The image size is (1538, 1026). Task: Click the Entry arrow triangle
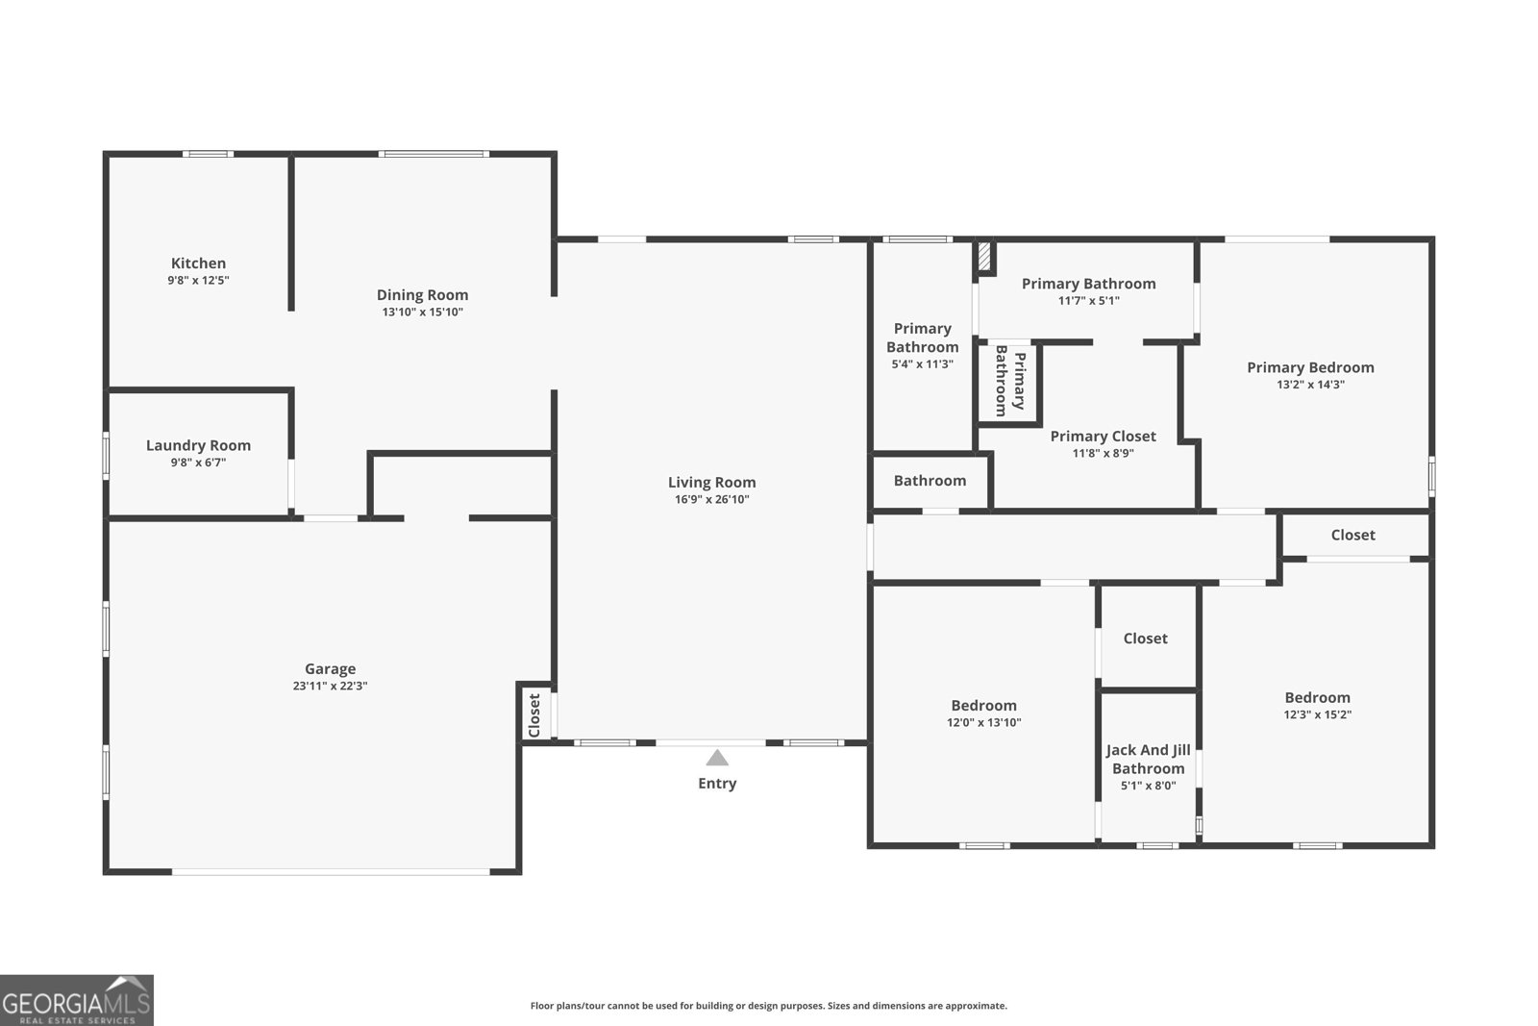(x=717, y=758)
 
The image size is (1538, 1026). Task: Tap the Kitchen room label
(x=198, y=263)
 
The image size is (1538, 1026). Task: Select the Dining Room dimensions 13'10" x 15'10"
(x=423, y=312)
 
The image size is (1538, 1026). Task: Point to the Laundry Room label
(x=198, y=445)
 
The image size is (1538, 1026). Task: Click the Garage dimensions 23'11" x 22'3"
(x=331, y=686)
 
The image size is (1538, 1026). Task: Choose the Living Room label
(x=712, y=483)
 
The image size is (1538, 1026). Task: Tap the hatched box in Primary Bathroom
(x=984, y=256)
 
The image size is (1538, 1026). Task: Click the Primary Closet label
(x=1104, y=437)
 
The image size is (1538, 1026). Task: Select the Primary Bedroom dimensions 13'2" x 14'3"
(x=1311, y=385)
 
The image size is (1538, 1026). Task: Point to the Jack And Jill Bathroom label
(x=1148, y=760)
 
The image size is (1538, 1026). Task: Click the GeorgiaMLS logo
(x=76, y=1000)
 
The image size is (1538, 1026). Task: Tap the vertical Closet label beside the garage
(x=534, y=714)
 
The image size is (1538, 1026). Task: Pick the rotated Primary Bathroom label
(x=1010, y=381)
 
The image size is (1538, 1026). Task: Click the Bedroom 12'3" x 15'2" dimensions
(x=1318, y=714)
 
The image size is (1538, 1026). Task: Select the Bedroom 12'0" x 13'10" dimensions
(x=984, y=722)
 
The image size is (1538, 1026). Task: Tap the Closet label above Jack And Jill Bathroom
(x=1145, y=638)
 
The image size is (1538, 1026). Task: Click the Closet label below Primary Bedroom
(x=1352, y=535)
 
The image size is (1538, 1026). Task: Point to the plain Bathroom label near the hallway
(x=930, y=481)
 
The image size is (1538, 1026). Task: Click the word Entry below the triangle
(x=717, y=784)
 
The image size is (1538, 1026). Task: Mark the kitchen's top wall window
(x=208, y=154)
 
